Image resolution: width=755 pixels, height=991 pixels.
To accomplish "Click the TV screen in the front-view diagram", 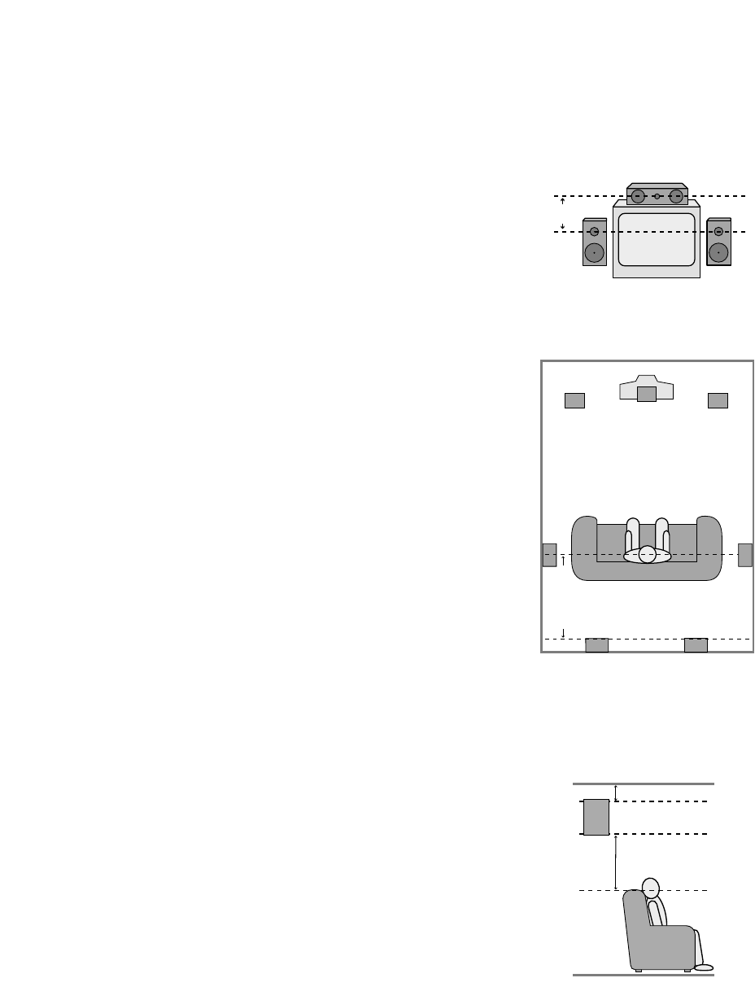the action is pos(657,239).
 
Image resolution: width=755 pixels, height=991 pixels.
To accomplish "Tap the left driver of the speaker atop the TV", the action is pos(637,196).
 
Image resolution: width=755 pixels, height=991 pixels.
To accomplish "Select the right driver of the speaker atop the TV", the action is pos(675,196).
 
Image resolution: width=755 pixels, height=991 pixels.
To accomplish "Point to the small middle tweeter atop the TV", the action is pos(657,196).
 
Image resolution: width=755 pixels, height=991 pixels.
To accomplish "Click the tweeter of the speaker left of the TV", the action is pos(595,232).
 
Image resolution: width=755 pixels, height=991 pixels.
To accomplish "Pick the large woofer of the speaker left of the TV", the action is pos(594,252).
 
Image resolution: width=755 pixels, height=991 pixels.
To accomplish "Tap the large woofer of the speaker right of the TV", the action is pos(718,252).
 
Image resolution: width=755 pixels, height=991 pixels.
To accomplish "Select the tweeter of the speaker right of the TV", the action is pos(718,232).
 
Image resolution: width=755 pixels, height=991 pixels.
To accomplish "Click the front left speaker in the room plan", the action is pos(574,400).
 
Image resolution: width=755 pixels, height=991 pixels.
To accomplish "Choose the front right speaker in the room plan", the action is pos(718,400).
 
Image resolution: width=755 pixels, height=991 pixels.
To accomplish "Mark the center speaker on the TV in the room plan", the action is pos(646,394).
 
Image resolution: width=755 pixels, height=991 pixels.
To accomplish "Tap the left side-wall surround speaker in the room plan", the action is pos(549,554).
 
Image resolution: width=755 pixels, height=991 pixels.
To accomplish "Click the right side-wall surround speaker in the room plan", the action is pos(745,554).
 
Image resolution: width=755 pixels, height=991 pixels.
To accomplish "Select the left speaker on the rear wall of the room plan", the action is pos(597,645).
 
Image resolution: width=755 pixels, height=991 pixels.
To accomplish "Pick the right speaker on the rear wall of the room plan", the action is pos(696,645).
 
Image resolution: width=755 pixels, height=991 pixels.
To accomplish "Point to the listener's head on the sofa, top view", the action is pos(647,554).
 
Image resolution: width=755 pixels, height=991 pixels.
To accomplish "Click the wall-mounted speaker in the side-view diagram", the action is pos(596,818).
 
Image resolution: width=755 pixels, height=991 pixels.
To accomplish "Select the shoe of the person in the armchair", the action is pos(704,967).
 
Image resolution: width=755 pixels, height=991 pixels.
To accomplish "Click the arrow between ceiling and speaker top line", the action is pos(616,792).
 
